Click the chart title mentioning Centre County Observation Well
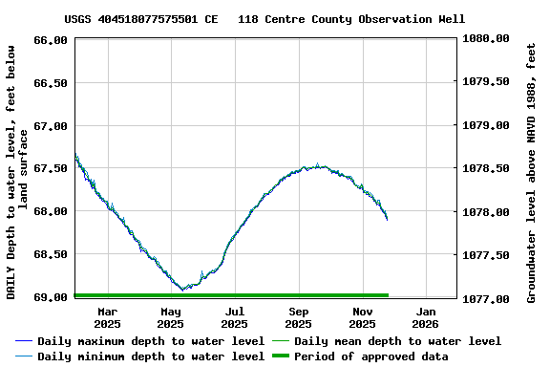264,19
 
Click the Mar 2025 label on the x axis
108,317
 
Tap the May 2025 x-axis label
171,317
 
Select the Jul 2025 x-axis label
235,317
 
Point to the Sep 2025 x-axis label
299,317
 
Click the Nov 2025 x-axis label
362,317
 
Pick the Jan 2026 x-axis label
426,317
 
